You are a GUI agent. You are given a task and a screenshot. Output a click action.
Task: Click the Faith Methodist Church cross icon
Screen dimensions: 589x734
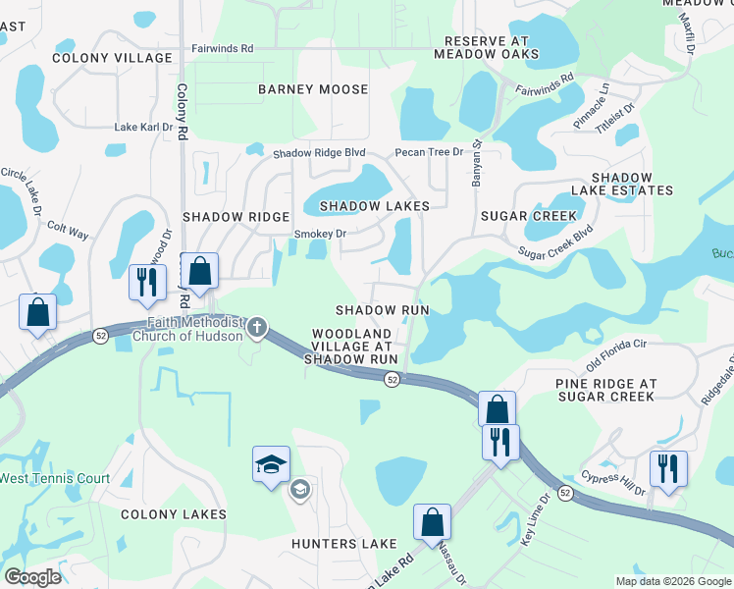pos(257,327)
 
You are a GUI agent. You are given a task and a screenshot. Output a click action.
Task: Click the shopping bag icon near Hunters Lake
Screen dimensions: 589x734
pos(432,522)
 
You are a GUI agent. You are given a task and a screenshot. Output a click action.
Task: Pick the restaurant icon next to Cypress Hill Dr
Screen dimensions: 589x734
pos(668,468)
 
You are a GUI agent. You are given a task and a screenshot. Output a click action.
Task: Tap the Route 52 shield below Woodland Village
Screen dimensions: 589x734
pos(391,380)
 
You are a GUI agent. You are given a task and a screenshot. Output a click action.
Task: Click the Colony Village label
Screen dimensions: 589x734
pos(112,58)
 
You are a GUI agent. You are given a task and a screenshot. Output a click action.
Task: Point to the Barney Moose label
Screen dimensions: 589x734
pos(313,89)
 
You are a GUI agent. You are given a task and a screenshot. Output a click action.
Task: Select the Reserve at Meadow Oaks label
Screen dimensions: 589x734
pos(492,48)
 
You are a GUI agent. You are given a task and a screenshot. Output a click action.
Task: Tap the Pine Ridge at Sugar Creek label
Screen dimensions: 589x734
pos(605,389)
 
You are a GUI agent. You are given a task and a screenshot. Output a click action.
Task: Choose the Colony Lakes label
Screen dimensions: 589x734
pos(174,514)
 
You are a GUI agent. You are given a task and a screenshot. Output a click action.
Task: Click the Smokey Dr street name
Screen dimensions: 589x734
pos(321,234)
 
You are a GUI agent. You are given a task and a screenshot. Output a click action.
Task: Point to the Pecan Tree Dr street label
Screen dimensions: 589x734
pos(428,153)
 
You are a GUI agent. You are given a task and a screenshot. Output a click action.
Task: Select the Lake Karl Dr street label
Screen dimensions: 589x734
pos(143,127)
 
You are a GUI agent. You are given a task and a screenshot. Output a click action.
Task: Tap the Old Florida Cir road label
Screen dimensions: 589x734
pos(617,350)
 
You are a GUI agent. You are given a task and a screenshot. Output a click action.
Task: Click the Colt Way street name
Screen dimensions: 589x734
pos(68,235)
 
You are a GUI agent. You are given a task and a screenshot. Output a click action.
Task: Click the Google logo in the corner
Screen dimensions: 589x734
pos(32,576)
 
